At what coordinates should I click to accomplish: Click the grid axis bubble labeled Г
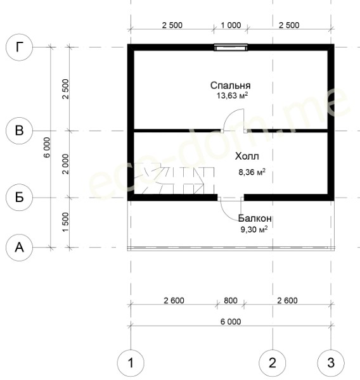point(19,47)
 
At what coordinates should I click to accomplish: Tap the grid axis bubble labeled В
point(19,130)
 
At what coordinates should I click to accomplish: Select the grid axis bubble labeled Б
point(19,197)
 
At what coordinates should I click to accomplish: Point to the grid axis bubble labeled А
point(19,248)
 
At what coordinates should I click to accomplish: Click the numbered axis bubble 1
point(131,363)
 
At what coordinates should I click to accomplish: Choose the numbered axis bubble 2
point(273,363)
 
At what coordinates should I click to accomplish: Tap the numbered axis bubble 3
point(331,363)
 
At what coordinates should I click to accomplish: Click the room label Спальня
point(230,85)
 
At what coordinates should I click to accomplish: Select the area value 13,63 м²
point(232,96)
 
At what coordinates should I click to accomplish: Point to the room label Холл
point(247,156)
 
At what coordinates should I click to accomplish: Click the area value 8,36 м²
point(252,172)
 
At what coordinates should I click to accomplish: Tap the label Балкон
point(255,218)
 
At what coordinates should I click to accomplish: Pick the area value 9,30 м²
point(254,229)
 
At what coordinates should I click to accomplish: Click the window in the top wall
point(231,47)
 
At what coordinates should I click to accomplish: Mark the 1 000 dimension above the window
point(231,25)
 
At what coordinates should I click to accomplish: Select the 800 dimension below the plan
point(231,300)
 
